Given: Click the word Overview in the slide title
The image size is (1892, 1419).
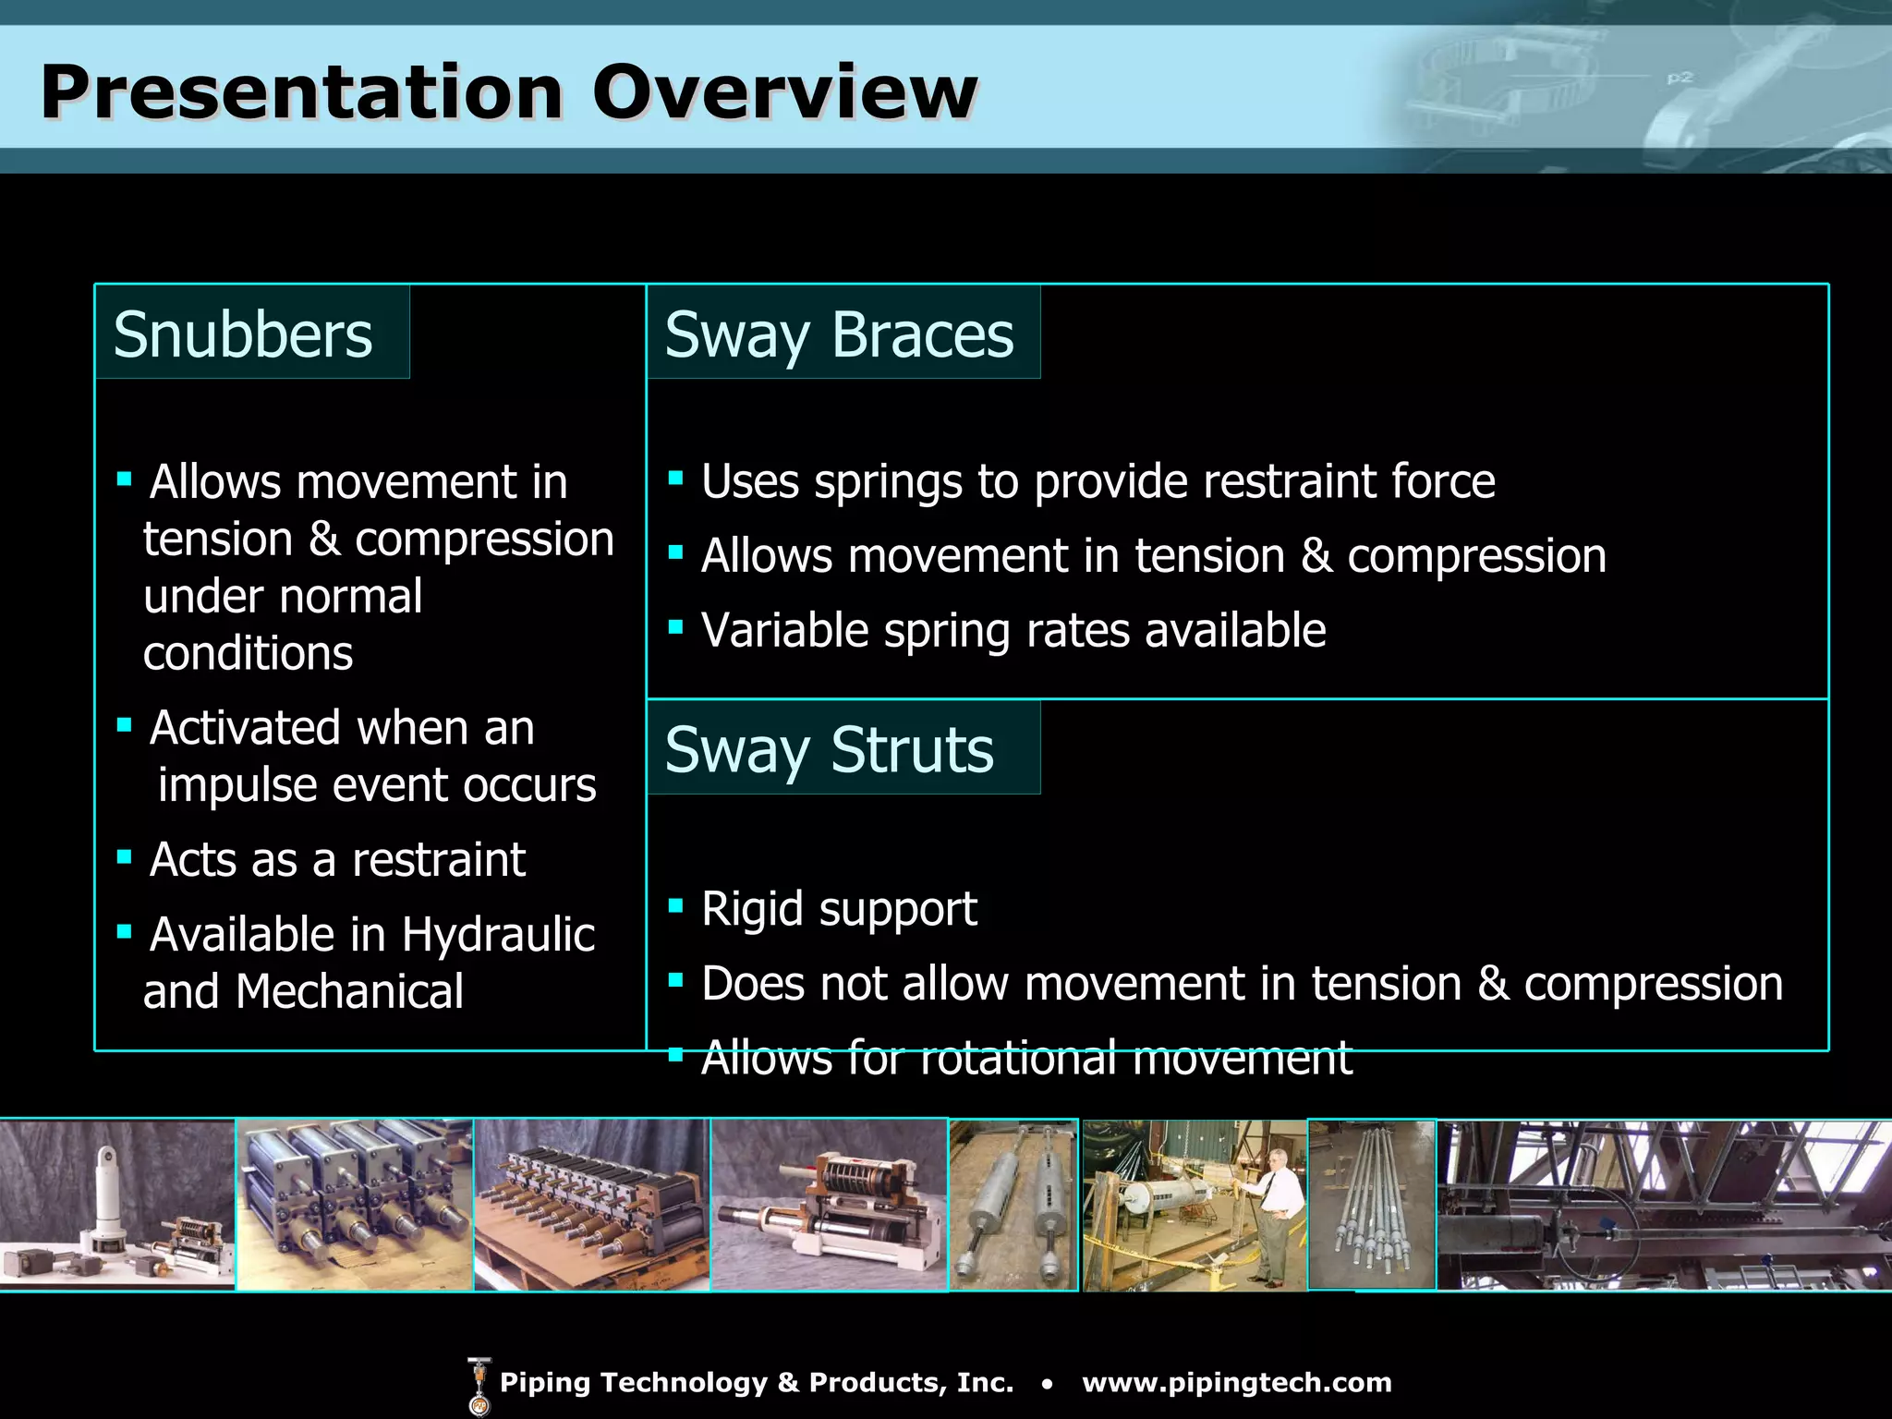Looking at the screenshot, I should (x=784, y=92).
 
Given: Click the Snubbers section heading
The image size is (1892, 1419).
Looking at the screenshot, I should (x=243, y=334).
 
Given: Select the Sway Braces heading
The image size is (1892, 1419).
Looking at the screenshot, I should (x=839, y=334).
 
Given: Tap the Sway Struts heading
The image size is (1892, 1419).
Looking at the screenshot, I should (x=829, y=750).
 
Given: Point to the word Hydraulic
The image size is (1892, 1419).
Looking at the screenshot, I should (x=498, y=934).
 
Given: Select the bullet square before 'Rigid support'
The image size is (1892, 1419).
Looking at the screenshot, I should (x=675, y=905).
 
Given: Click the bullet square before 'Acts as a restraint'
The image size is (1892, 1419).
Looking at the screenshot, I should (x=125, y=856).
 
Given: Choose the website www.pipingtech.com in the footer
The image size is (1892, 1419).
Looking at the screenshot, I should (x=1236, y=1383).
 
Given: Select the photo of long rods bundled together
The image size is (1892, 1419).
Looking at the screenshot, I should (x=1372, y=1205).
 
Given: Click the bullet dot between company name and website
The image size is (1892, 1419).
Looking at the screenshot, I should (x=1047, y=1384).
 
